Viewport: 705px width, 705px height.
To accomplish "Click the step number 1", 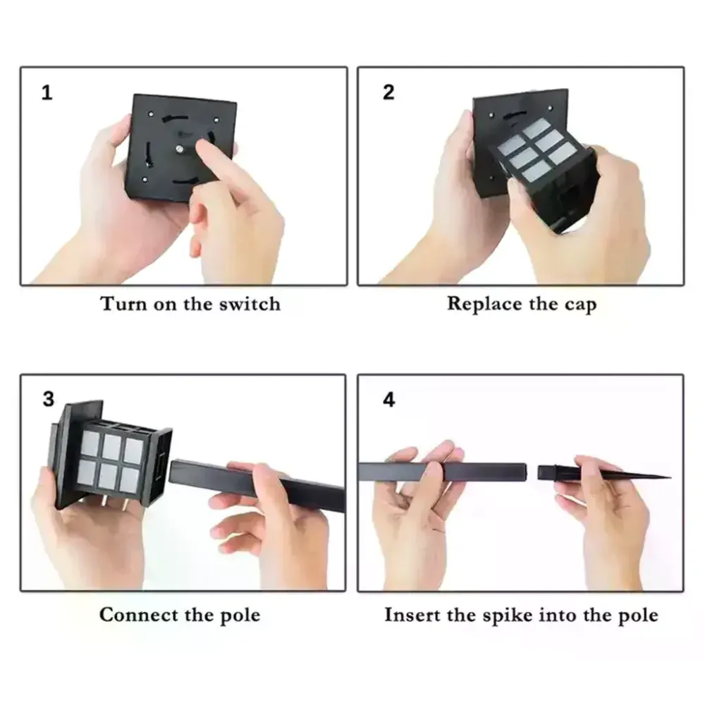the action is click(47, 92).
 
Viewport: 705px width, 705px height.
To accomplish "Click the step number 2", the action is click(388, 92).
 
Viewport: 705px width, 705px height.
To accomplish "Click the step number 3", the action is click(49, 399).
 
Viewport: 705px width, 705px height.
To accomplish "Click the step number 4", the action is click(389, 400).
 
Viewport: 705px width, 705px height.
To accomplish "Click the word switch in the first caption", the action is click(250, 304).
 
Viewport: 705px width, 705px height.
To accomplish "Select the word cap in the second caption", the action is click(580, 305).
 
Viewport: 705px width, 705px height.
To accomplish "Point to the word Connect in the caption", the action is click(138, 615).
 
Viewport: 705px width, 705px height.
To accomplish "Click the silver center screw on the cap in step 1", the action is click(179, 148).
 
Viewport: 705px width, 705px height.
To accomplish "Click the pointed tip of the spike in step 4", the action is click(670, 477).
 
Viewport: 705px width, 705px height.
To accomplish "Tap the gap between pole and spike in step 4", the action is click(532, 472).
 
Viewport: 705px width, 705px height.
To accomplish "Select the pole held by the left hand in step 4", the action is click(443, 472).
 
